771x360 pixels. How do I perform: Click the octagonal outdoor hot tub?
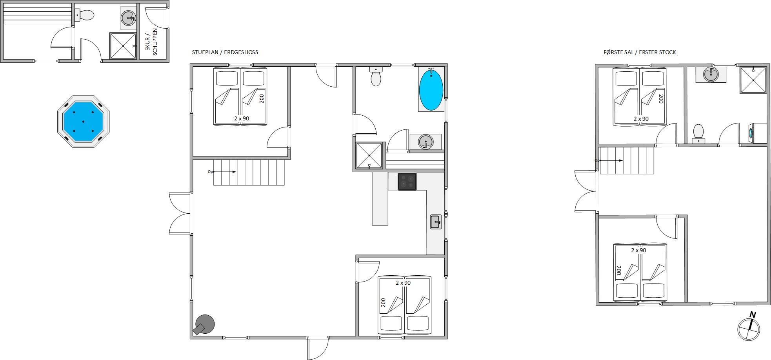click(x=83, y=121)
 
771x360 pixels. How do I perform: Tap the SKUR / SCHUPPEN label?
click(x=151, y=42)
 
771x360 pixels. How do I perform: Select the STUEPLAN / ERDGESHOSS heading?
click(x=225, y=52)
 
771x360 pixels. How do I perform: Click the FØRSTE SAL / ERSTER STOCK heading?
click(x=640, y=52)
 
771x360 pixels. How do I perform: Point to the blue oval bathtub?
click(x=431, y=89)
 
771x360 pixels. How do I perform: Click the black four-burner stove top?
click(x=407, y=182)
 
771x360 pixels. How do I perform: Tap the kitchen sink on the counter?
click(x=436, y=222)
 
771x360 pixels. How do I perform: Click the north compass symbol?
click(x=749, y=326)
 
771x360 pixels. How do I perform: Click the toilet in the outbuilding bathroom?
click(x=85, y=15)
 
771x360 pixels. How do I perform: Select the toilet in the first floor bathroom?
click(x=698, y=133)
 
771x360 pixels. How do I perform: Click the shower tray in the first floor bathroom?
click(x=753, y=80)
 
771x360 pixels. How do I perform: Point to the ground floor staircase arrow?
click(x=224, y=172)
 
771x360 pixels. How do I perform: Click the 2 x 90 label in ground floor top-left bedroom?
click(x=242, y=118)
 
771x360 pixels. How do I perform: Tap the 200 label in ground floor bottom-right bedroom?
click(x=383, y=303)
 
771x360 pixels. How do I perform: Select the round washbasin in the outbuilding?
click(x=128, y=18)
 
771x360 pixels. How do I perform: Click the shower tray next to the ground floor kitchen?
click(x=369, y=156)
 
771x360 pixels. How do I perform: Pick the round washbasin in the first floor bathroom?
click(x=711, y=74)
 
